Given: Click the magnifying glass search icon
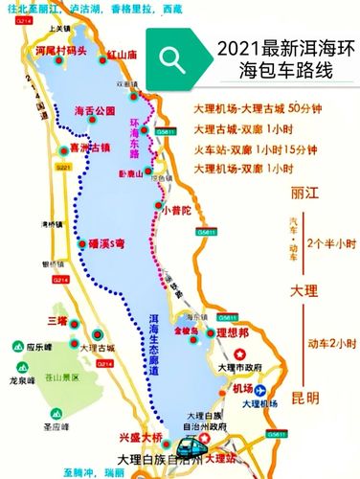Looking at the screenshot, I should tap(172, 59).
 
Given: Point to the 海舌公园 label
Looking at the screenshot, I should tap(94, 111).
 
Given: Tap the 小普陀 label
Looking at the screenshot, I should tap(177, 209).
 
